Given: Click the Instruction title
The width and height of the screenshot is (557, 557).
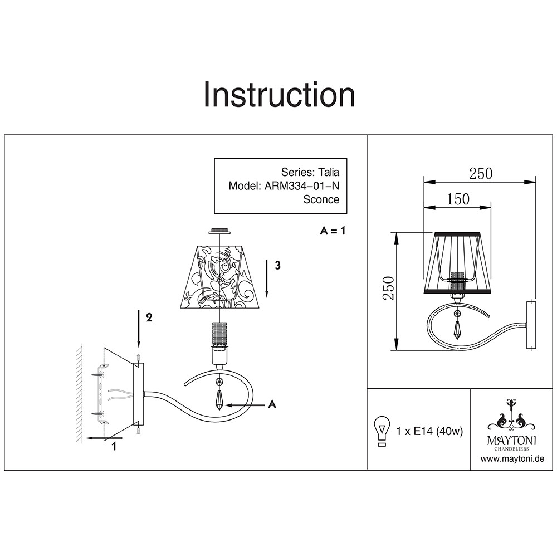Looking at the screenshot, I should pos(278,95).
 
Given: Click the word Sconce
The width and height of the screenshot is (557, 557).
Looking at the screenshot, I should pos(321,199).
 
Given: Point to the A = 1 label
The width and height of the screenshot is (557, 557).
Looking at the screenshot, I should pos(333,231).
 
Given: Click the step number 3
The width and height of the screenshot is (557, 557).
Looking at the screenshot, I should pos(277,266).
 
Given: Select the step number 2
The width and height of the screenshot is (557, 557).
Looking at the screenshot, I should pos(149,317).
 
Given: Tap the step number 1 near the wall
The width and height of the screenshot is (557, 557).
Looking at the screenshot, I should pos(114,446).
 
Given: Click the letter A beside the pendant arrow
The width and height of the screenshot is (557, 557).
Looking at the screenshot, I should pos(272,404).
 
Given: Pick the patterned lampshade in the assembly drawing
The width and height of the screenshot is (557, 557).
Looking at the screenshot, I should pos(221,276).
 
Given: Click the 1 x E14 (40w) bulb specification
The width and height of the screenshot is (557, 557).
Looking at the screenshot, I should pos(429,431).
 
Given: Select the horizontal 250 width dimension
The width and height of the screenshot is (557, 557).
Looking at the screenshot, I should pos(480,174).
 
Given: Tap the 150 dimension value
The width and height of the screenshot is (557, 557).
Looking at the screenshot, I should pos(458,199).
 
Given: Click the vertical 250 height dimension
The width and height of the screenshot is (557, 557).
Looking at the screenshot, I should pos(391,288).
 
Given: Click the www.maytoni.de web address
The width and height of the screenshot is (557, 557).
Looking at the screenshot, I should pos(512,460).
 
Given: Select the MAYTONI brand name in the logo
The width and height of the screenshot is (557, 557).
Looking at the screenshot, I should pos(512,441).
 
